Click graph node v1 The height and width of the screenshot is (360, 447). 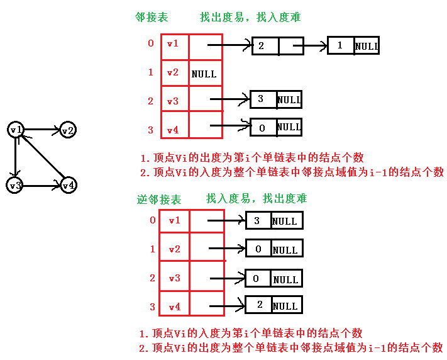coord(16,130)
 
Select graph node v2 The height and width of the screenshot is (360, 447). coord(68,130)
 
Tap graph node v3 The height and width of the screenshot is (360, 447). coord(15,186)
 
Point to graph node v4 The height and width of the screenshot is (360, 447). coord(69,186)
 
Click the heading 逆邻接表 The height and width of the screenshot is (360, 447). coord(159,200)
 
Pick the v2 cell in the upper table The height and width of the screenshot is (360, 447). coord(173,72)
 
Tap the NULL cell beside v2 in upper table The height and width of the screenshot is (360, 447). coord(204,74)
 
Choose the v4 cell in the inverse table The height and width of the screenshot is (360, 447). coord(174,307)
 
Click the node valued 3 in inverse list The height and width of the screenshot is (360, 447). coord(257,220)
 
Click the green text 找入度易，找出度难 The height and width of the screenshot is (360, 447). coord(257,199)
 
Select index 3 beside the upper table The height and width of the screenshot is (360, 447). coord(150,130)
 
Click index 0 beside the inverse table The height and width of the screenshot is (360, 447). coord(152,220)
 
